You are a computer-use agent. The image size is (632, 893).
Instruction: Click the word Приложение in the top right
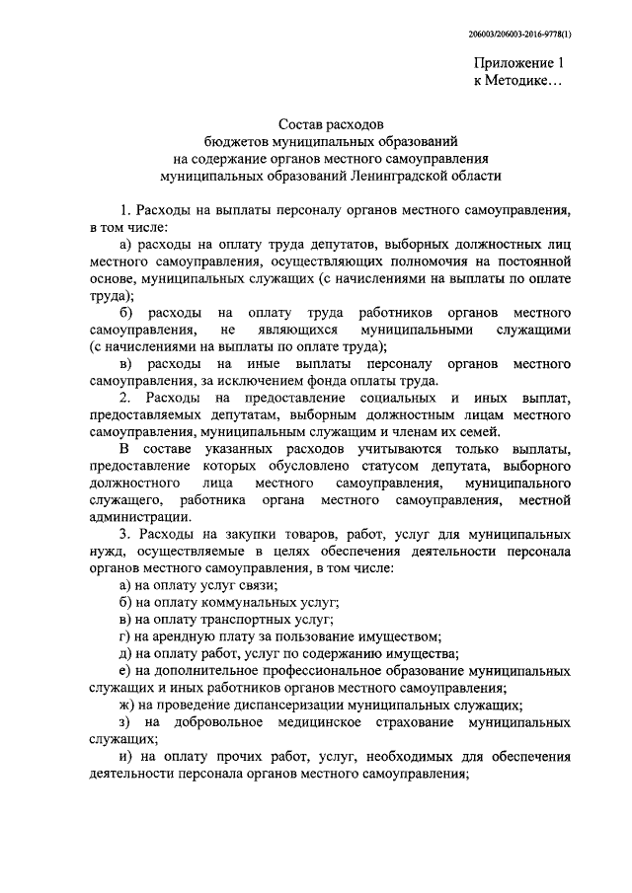[x=511, y=64]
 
